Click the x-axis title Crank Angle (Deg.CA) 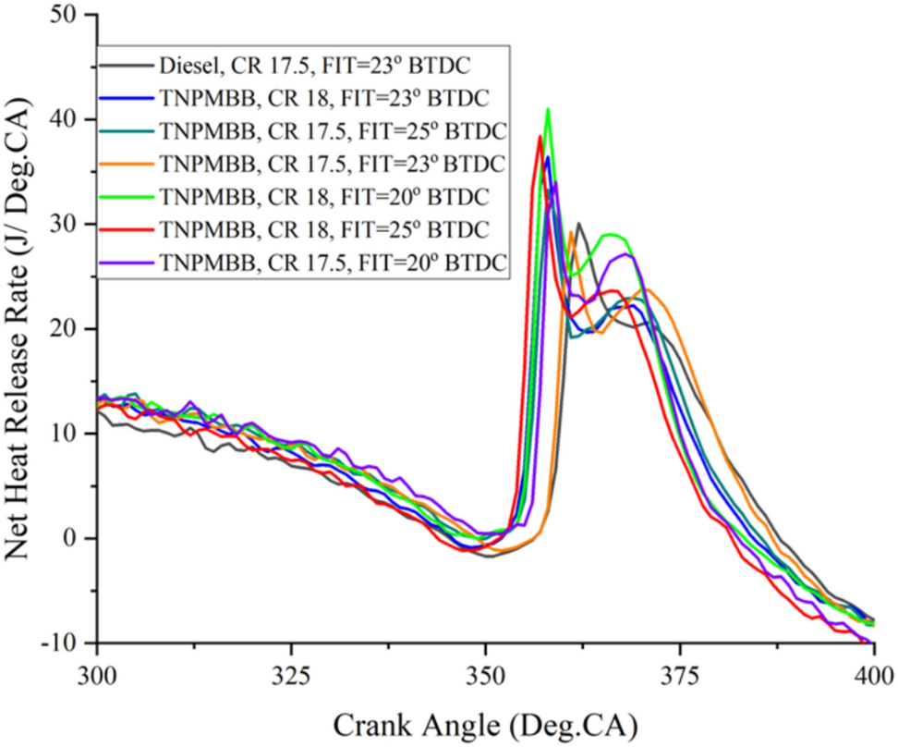pyautogui.click(x=484, y=720)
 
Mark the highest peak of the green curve pyautogui.click(x=549, y=109)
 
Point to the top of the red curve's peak pyautogui.click(x=540, y=136)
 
